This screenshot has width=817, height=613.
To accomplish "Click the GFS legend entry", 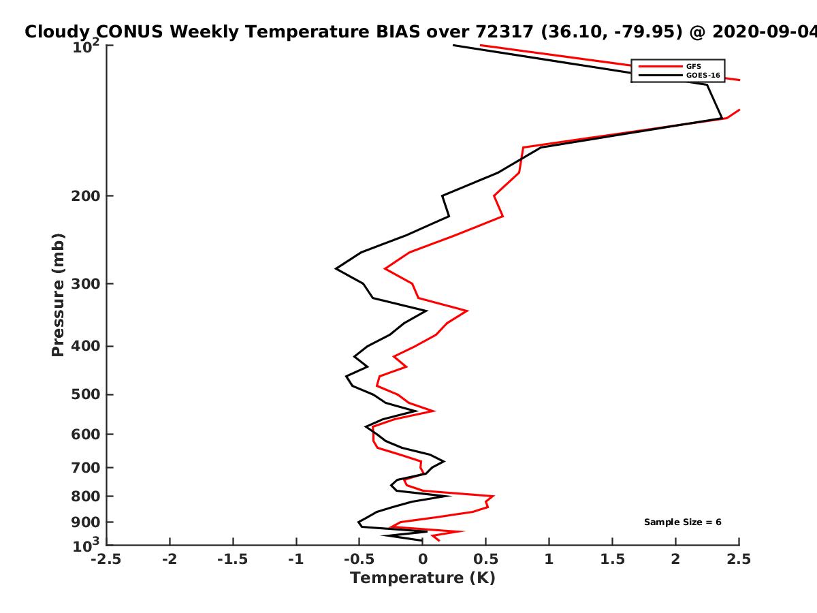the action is (x=693, y=66).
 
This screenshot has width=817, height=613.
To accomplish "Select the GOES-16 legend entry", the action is (x=703, y=75).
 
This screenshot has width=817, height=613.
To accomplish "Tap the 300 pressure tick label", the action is (x=86, y=284).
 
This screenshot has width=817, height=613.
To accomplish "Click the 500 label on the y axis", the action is (x=86, y=394).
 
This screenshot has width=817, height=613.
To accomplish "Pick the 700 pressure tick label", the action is (x=86, y=467).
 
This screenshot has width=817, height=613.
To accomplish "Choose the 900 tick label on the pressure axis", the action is (x=86, y=522).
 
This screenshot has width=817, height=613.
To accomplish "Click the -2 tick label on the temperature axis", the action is (x=170, y=559).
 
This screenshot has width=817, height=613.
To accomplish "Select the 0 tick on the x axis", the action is (x=423, y=559).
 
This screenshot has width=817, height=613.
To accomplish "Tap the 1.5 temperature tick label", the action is (x=612, y=559).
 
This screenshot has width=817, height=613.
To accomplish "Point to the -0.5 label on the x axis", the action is (x=359, y=559).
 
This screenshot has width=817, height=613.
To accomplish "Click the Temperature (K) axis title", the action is (x=423, y=578).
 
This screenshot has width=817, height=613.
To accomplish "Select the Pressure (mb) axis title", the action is (x=58, y=295).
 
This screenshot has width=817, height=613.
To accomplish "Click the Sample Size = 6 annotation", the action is (x=683, y=522).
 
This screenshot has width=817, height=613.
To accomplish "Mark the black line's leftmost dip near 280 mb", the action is (x=336, y=268).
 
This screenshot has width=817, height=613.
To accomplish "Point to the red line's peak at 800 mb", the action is (x=494, y=496).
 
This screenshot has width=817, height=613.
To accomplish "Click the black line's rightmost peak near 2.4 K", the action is (x=722, y=119).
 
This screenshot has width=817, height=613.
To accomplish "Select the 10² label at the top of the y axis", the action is (x=86, y=46).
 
